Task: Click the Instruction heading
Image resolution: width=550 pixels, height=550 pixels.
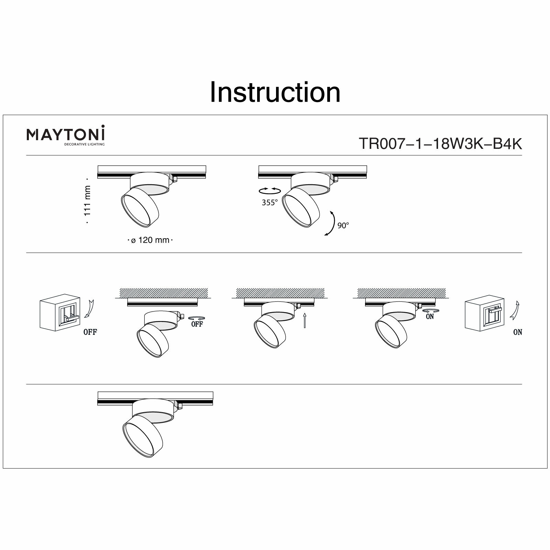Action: click(275, 92)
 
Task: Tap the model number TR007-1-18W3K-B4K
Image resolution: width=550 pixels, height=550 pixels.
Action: click(440, 144)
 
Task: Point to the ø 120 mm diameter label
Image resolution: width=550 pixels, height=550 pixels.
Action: click(150, 240)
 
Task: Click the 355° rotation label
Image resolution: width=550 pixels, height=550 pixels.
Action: click(269, 203)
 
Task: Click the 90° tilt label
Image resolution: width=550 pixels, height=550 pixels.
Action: click(343, 225)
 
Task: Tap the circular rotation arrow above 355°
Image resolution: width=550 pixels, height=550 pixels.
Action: click(269, 190)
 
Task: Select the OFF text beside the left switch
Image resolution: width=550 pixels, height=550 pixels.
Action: click(90, 332)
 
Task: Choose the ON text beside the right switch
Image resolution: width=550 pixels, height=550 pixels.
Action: click(517, 332)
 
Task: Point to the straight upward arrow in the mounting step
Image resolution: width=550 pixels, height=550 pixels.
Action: click(305, 320)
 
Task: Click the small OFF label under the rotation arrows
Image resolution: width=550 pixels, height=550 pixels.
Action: click(197, 324)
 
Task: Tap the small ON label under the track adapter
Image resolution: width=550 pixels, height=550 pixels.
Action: click(430, 317)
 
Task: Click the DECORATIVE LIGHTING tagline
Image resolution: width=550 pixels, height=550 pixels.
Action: click(85, 144)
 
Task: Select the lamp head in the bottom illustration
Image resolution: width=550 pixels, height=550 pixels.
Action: click(141, 435)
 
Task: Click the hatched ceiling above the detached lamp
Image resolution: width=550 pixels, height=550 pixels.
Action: click(164, 293)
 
